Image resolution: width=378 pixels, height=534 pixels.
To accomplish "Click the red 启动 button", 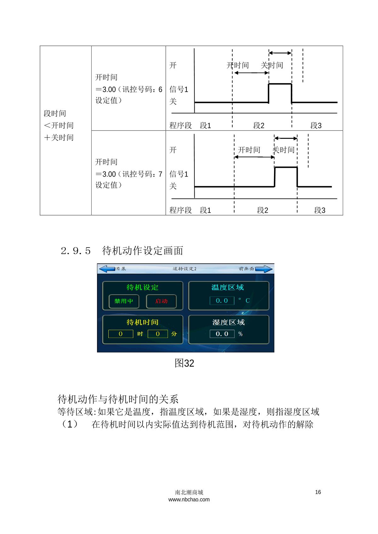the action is point(161,301).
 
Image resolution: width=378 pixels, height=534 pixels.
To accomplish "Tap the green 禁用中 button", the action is point(123,301).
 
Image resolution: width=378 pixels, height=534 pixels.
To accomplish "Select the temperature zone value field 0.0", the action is point(222,301).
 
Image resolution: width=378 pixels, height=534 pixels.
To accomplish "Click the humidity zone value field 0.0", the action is point(222,334).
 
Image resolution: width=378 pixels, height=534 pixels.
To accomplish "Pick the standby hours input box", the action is point(121,334).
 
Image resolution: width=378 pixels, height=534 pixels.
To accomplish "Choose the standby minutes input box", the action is point(158,334).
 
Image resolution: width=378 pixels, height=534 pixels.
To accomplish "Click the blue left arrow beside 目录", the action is point(107,269).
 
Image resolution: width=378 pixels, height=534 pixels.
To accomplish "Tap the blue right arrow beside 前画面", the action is point(264,269).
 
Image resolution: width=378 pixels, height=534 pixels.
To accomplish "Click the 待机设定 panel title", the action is point(142,287).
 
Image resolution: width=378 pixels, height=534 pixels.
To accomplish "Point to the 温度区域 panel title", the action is point(228,287).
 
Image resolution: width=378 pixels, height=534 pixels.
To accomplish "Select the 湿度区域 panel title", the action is point(228,322).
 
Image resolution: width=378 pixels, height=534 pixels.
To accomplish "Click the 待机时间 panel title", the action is point(142,322).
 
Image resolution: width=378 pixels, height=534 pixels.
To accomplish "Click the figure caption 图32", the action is point(184,363).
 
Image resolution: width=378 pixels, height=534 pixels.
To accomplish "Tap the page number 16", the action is point(318,492).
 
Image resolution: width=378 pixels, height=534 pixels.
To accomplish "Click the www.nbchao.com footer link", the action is point(189,499).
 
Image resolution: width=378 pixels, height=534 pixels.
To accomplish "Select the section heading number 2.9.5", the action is point(76,251).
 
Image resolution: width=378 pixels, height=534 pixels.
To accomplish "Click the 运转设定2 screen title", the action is point(185,269).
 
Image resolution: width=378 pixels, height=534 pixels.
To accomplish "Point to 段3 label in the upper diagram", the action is point(316,125).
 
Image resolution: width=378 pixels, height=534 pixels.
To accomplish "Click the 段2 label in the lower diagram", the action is point(262,210).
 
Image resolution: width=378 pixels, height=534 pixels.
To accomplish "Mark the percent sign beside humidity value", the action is point(240,334).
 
